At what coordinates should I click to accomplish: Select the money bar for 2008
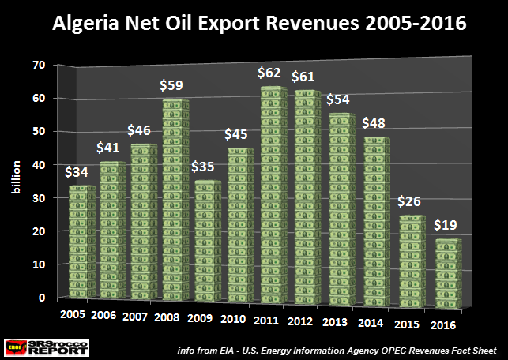coord(175,201)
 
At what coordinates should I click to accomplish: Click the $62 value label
coord(270,73)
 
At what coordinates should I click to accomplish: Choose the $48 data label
coord(374,122)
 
